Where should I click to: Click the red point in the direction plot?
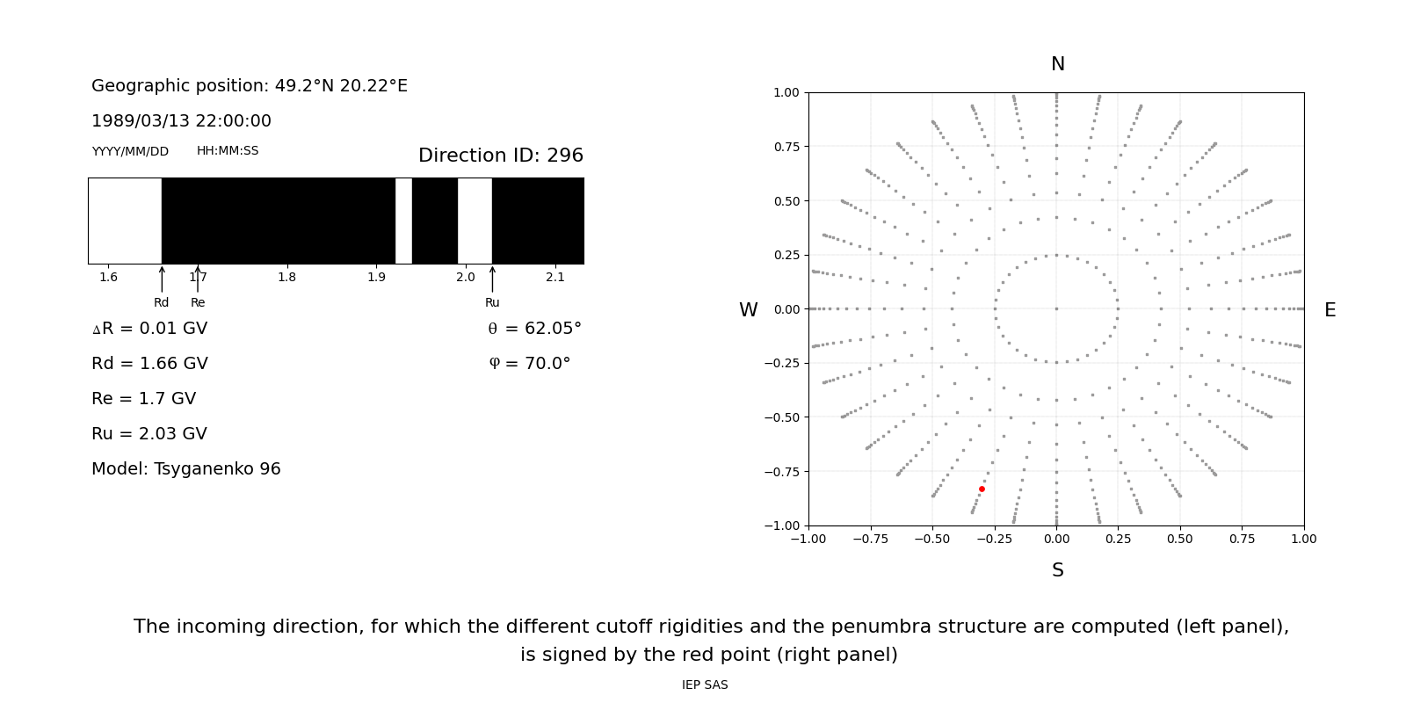982,489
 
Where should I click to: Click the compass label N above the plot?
1057,64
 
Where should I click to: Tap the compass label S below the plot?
1057,570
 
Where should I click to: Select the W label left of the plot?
748,310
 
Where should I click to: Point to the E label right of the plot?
1330,310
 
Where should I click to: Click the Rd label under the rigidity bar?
162,303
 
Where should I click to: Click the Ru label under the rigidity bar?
492,303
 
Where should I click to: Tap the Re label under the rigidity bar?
198,303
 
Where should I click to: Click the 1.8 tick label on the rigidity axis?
286,278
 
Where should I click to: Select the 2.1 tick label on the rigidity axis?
554,278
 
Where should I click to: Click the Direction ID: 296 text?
500,156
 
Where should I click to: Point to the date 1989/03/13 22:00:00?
181,121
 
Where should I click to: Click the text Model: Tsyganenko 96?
186,469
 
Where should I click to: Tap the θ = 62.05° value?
534,329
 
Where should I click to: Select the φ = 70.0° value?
529,364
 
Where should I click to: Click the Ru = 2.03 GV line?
149,434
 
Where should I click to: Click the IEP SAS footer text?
704,685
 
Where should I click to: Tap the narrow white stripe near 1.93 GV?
403,221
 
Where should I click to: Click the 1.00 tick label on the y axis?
786,93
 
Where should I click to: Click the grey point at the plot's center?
1056,308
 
